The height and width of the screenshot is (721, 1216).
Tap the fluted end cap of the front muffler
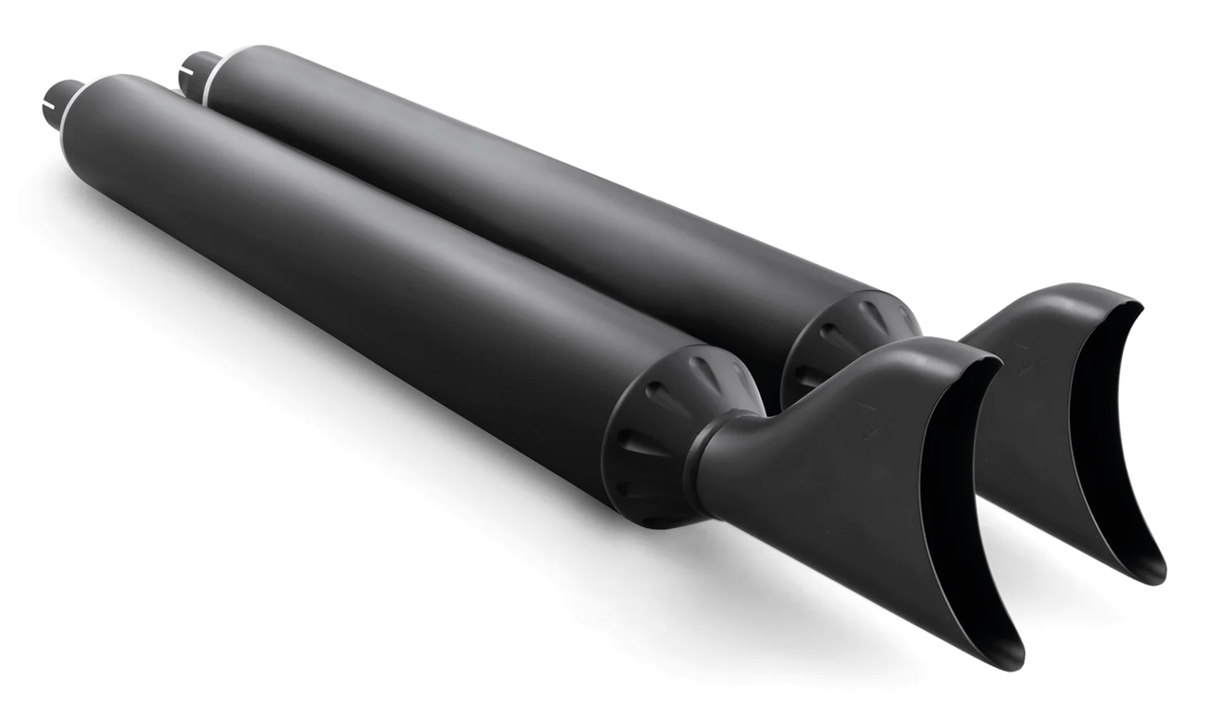point(665,427)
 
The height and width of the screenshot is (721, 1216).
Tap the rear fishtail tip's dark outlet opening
point(1102,427)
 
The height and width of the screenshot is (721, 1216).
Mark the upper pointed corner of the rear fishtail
point(1135,304)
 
